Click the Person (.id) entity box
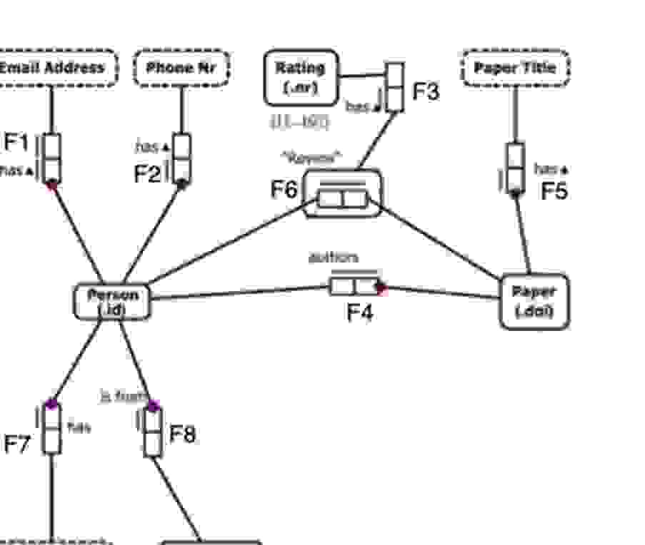(112, 302)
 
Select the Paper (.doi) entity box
(534, 302)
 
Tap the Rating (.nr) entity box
(300, 77)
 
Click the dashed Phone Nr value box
(181, 68)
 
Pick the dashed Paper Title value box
(514, 68)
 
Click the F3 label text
(426, 91)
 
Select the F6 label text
(283, 190)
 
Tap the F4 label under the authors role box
(359, 312)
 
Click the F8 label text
(182, 434)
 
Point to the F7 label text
(17, 444)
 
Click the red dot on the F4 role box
(381, 287)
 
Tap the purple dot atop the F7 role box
(51, 404)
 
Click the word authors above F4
(333, 258)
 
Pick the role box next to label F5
(515, 168)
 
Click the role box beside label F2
(182, 158)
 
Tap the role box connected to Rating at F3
(395, 87)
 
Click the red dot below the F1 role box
(51, 185)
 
